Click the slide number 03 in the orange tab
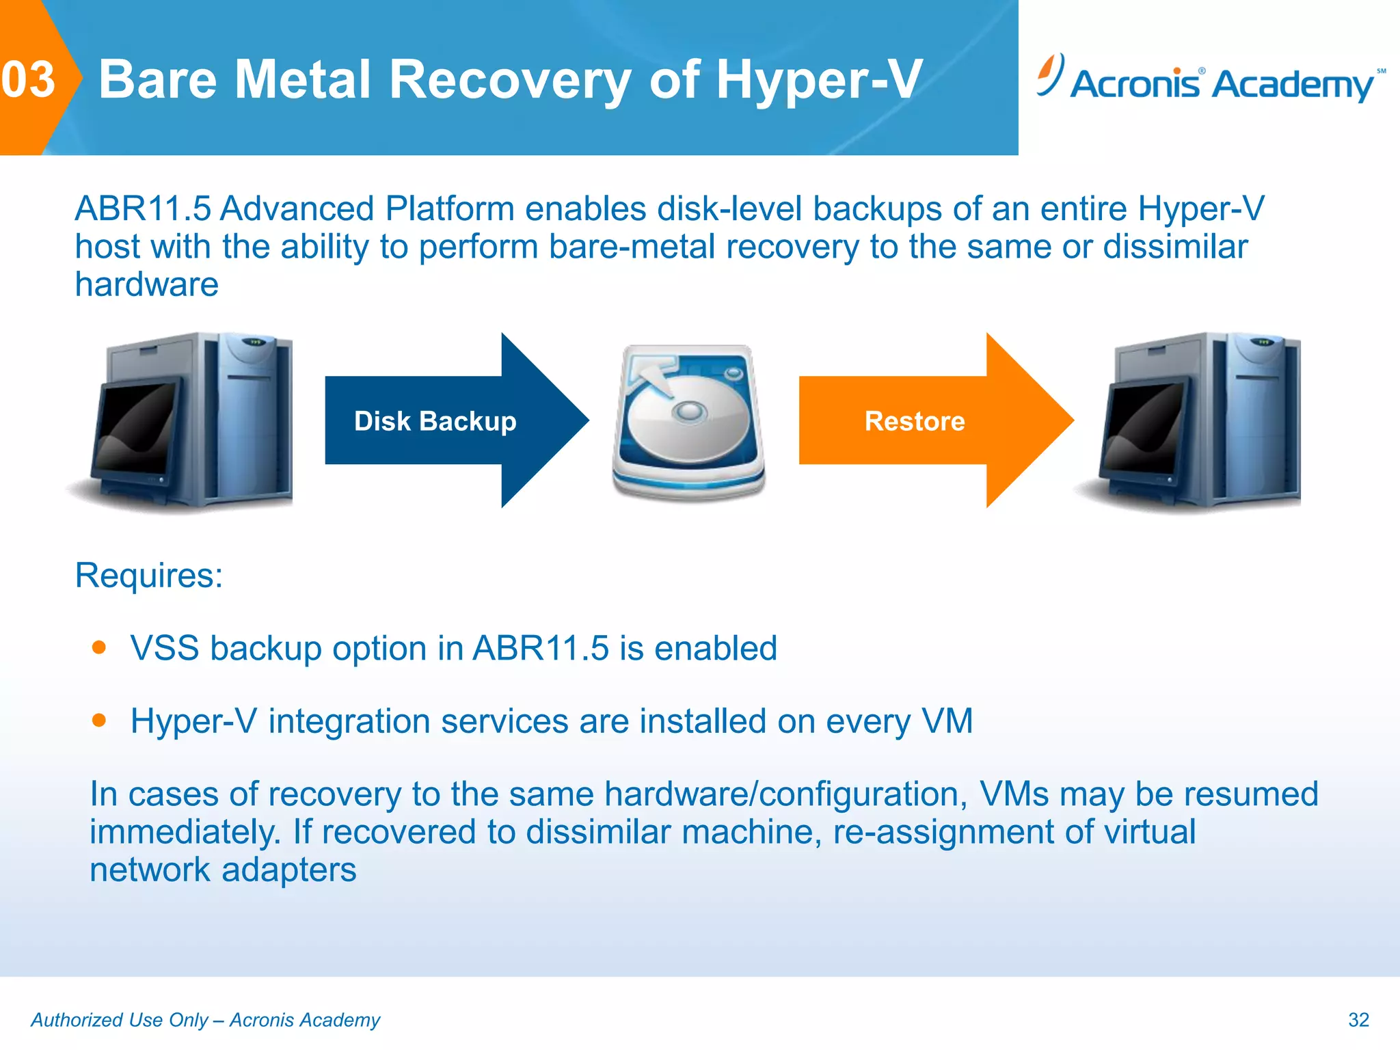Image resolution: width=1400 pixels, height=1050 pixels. pos(28,80)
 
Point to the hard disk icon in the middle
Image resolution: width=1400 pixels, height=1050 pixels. pos(689,422)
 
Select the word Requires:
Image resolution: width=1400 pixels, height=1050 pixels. pos(149,575)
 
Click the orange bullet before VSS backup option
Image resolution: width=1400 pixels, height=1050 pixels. pos(100,647)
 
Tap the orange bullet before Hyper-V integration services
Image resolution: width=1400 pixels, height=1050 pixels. pos(100,720)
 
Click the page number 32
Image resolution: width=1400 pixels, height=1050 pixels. pos(1358,1020)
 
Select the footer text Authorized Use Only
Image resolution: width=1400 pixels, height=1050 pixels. pos(120,1020)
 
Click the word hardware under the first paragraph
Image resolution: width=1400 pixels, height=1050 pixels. pos(147,284)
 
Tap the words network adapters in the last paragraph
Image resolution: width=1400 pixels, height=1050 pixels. pos(223,870)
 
